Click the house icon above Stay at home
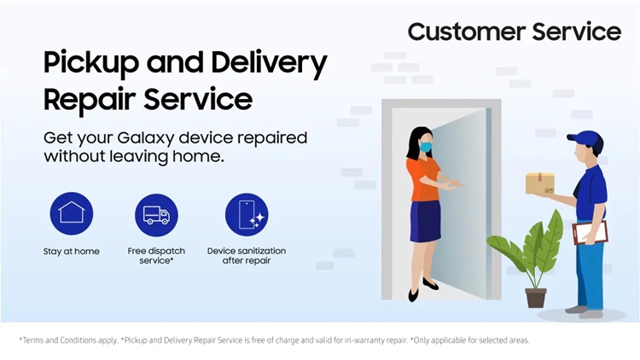tap(72, 213)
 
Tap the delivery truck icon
tap(156, 215)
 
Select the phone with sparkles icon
tap(247, 215)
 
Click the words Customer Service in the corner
tap(515, 32)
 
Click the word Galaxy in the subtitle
tap(146, 138)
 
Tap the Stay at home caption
tap(72, 252)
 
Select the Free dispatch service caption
tap(156, 256)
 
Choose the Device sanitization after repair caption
tap(247, 256)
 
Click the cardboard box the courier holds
tap(540, 183)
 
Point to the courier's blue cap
tap(586, 140)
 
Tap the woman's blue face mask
tap(426, 147)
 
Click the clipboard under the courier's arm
tap(591, 233)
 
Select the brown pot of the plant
tap(536, 298)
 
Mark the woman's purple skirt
tap(425, 221)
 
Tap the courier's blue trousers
tap(590, 275)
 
